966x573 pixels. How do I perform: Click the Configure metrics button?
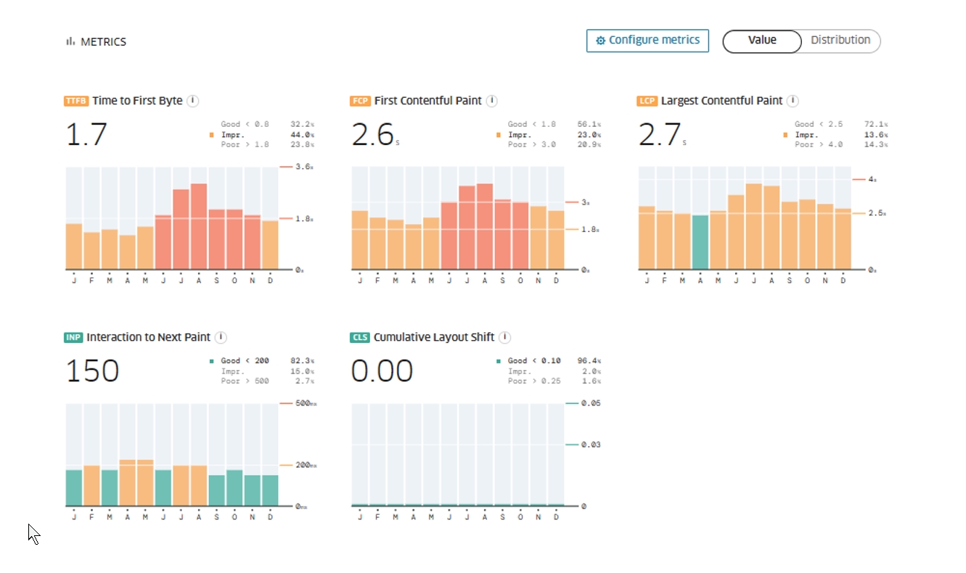(647, 41)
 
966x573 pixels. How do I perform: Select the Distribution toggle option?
(840, 41)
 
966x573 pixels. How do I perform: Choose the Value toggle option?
(762, 41)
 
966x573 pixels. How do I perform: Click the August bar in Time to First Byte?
(199, 226)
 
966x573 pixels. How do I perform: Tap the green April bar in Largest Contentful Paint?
(700, 242)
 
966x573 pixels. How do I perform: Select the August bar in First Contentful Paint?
(485, 226)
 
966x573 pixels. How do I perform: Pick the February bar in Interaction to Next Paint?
(92, 485)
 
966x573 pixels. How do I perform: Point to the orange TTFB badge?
(76, 102)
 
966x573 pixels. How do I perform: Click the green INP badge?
(73, 338)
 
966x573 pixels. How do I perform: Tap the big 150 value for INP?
(92, 371)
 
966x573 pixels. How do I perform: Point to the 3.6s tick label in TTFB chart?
(304, 167)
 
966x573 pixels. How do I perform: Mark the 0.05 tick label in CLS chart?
(591, 403)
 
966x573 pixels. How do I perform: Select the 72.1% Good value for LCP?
(876, 124)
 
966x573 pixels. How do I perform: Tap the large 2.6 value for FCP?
(372, 135)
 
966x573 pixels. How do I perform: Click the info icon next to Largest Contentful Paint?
(793, 101)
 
